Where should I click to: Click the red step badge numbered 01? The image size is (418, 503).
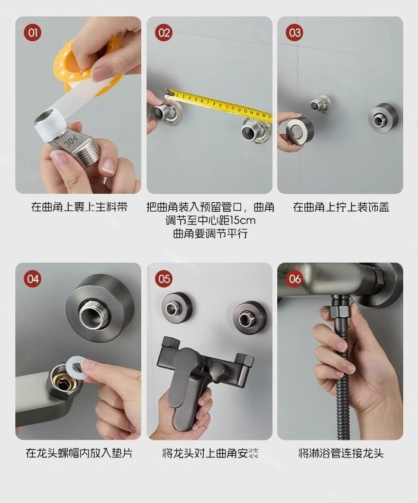[33, 33]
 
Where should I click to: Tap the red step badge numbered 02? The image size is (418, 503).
[164, 33]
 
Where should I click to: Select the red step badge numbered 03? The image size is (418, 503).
[295, 33]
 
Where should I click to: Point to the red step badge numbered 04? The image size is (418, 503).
[33, 279]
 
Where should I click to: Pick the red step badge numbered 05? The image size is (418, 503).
[164, 279]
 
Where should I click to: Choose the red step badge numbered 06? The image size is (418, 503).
[295, 279]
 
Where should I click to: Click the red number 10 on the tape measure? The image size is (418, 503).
[227, 106]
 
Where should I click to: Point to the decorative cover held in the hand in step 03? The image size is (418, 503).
[299, 130]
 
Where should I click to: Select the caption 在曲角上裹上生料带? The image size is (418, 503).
[79, 207]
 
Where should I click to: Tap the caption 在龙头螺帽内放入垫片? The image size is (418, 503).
[79, 453]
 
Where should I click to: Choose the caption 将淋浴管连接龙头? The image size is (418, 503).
[341, 453]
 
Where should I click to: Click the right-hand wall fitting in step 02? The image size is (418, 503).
[256, 130]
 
